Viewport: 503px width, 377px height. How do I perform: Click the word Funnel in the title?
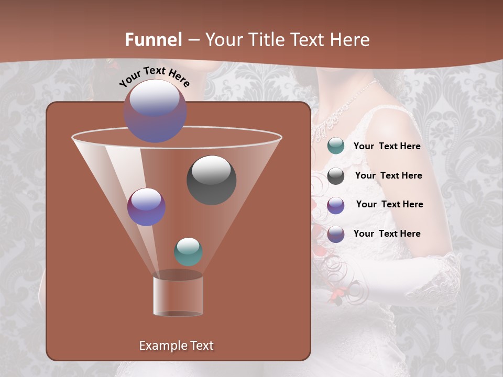point(154,40)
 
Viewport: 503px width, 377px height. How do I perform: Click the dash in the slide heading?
point(193,40)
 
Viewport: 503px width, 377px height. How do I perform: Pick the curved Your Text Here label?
point(154,76)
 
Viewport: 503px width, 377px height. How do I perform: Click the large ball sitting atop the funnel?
point(155,111)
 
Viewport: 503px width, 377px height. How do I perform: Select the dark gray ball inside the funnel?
point(211,180)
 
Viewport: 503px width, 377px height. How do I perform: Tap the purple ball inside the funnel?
point(146,207)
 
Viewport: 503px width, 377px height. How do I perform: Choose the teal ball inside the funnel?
point(188,251)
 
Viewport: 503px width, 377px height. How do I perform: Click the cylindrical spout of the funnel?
point(178,295)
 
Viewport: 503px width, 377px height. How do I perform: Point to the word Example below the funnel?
point(162,346)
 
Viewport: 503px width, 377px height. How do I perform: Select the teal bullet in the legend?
point(335,146)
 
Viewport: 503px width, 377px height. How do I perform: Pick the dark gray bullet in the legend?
point(335,176)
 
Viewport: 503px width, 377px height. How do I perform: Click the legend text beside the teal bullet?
point(387,146)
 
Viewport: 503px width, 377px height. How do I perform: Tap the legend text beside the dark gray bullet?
point(388,175)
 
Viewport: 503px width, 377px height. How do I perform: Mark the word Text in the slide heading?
point(304,40)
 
